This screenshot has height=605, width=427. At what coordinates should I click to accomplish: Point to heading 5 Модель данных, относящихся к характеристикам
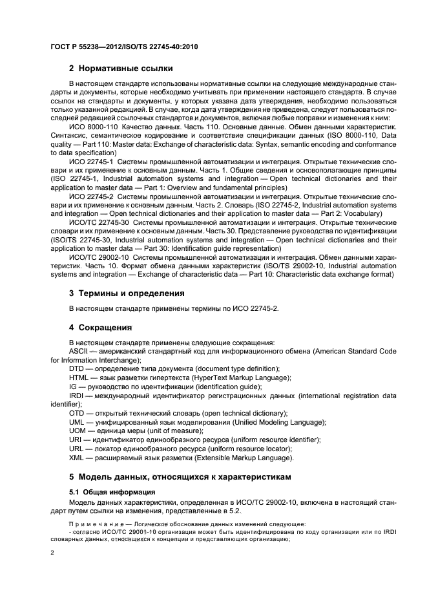click(180, 476)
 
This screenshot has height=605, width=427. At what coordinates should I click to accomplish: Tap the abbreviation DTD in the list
click(77, 368)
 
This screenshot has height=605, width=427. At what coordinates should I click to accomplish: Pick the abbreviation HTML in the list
click(79, 377)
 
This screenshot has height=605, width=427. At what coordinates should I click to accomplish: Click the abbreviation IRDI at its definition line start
click(77, 394)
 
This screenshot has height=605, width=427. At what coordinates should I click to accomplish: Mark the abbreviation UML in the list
click(78, 421)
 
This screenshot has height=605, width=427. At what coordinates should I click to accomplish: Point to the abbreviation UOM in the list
click(78, 430)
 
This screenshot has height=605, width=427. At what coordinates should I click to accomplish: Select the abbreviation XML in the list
click(77, 458)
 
